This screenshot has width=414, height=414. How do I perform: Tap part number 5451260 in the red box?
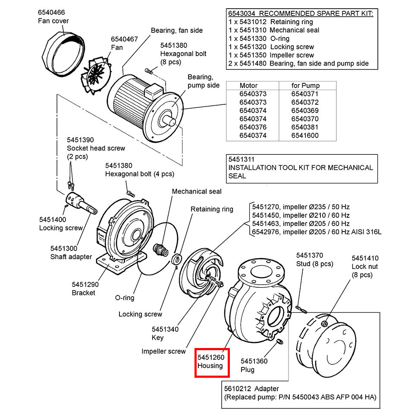(211, 358)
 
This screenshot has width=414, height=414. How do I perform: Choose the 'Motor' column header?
(248, 85)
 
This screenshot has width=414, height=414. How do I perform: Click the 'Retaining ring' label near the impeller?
(212, 209)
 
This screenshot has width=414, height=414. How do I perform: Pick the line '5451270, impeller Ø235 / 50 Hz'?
(300, 207)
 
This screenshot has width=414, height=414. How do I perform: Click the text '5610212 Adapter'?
(251, 389)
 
